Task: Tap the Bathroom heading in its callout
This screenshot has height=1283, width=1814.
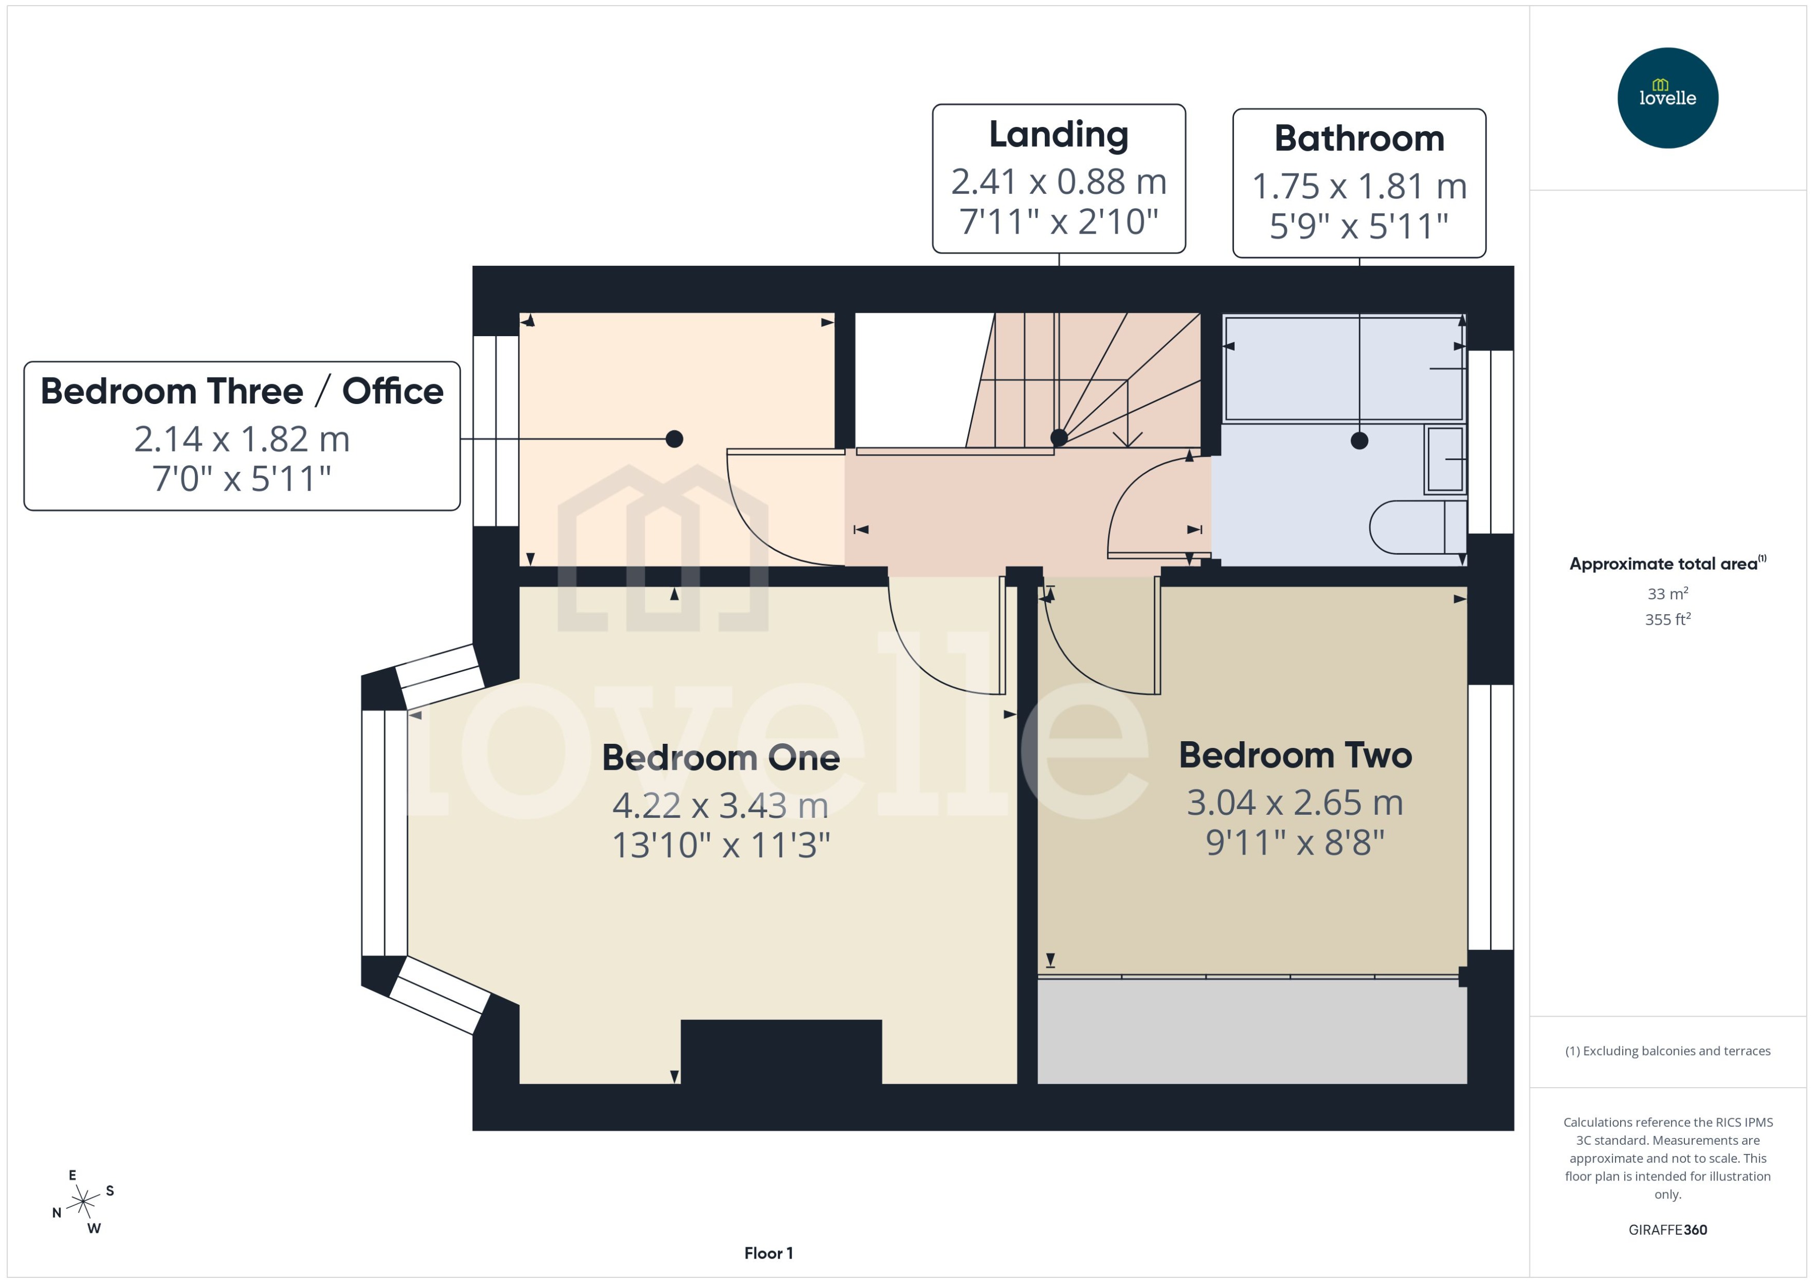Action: pos(1359,138)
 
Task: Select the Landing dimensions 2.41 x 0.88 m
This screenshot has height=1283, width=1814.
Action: pos(1058,182)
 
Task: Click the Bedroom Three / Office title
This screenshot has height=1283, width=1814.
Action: pos(242,391)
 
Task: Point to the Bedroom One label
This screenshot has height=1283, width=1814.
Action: pos(720,758)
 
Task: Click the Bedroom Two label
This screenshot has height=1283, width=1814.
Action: pos(1295,755)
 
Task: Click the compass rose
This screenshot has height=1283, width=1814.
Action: pos(82,1202)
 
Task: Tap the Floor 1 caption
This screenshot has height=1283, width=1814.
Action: pos(768,1253)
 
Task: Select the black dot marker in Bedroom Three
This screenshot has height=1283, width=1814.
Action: pos(674,439)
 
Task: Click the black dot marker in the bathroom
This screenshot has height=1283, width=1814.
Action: pos(1359,441)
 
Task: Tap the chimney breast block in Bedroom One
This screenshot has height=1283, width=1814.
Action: pos(781,1051)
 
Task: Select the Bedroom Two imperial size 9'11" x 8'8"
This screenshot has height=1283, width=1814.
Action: pos(1295,842)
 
